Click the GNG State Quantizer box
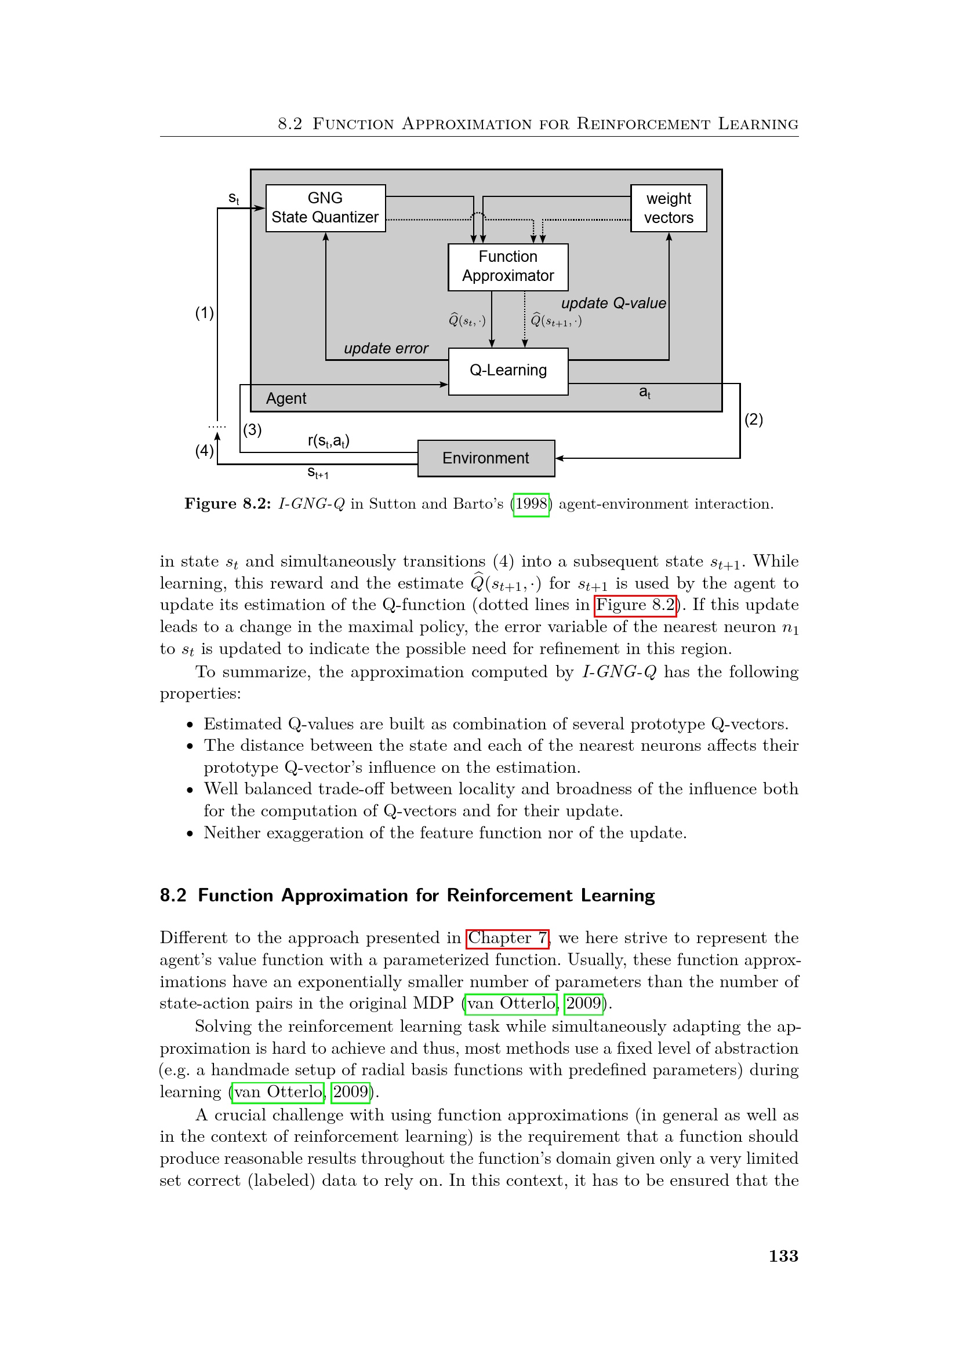[325, 208]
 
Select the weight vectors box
[669, 208]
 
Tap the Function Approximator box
[508, 266]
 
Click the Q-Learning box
[508, 371]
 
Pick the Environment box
[486, 458]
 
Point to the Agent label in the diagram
[286, 399]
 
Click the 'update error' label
[386, 348]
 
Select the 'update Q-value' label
[613, 304]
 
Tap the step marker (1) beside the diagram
[204, 313]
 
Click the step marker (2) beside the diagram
[754, 419]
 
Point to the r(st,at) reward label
[328, 441]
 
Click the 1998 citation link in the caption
[532, 505]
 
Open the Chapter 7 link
[508, 938]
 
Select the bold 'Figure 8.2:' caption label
[227, 504]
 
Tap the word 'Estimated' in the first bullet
[242, 724]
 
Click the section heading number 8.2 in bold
[173, 895]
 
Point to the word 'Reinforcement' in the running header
[642, 124]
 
